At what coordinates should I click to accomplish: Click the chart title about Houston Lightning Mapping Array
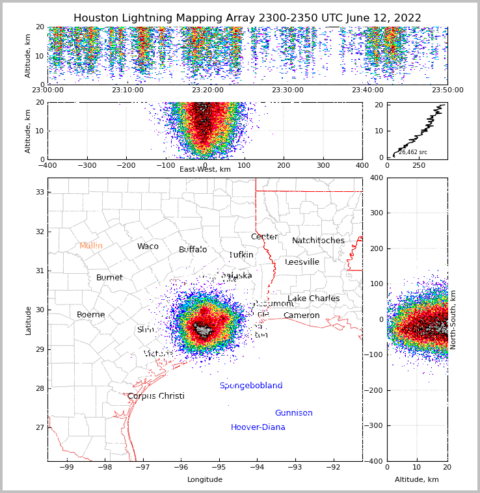coord(247,18)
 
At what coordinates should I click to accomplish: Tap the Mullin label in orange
coord(91,246)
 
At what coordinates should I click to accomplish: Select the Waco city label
coord(148,246)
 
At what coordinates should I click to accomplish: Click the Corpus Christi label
coord(156,396)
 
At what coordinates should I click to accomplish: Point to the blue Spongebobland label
coord(251,386)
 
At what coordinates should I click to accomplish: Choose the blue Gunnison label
coord(293,413)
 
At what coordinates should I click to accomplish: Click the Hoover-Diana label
coord(258,427)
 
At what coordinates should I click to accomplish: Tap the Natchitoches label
coord(318,241)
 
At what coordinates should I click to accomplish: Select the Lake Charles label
coord(313,299)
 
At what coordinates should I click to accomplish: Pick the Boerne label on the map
coord(91,315)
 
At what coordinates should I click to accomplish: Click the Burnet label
coord(109,278)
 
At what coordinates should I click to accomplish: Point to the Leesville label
coord(302,262)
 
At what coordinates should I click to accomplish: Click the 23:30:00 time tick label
coord(287,90)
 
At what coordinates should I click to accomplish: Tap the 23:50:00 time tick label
coord(447,90)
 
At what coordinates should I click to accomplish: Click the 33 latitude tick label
coord(39,192)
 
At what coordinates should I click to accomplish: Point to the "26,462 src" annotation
coord(413,152)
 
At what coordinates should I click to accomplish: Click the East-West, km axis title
coord(205,169)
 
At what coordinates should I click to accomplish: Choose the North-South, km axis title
coord(453,319)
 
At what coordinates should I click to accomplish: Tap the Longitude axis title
coord(205,479)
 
